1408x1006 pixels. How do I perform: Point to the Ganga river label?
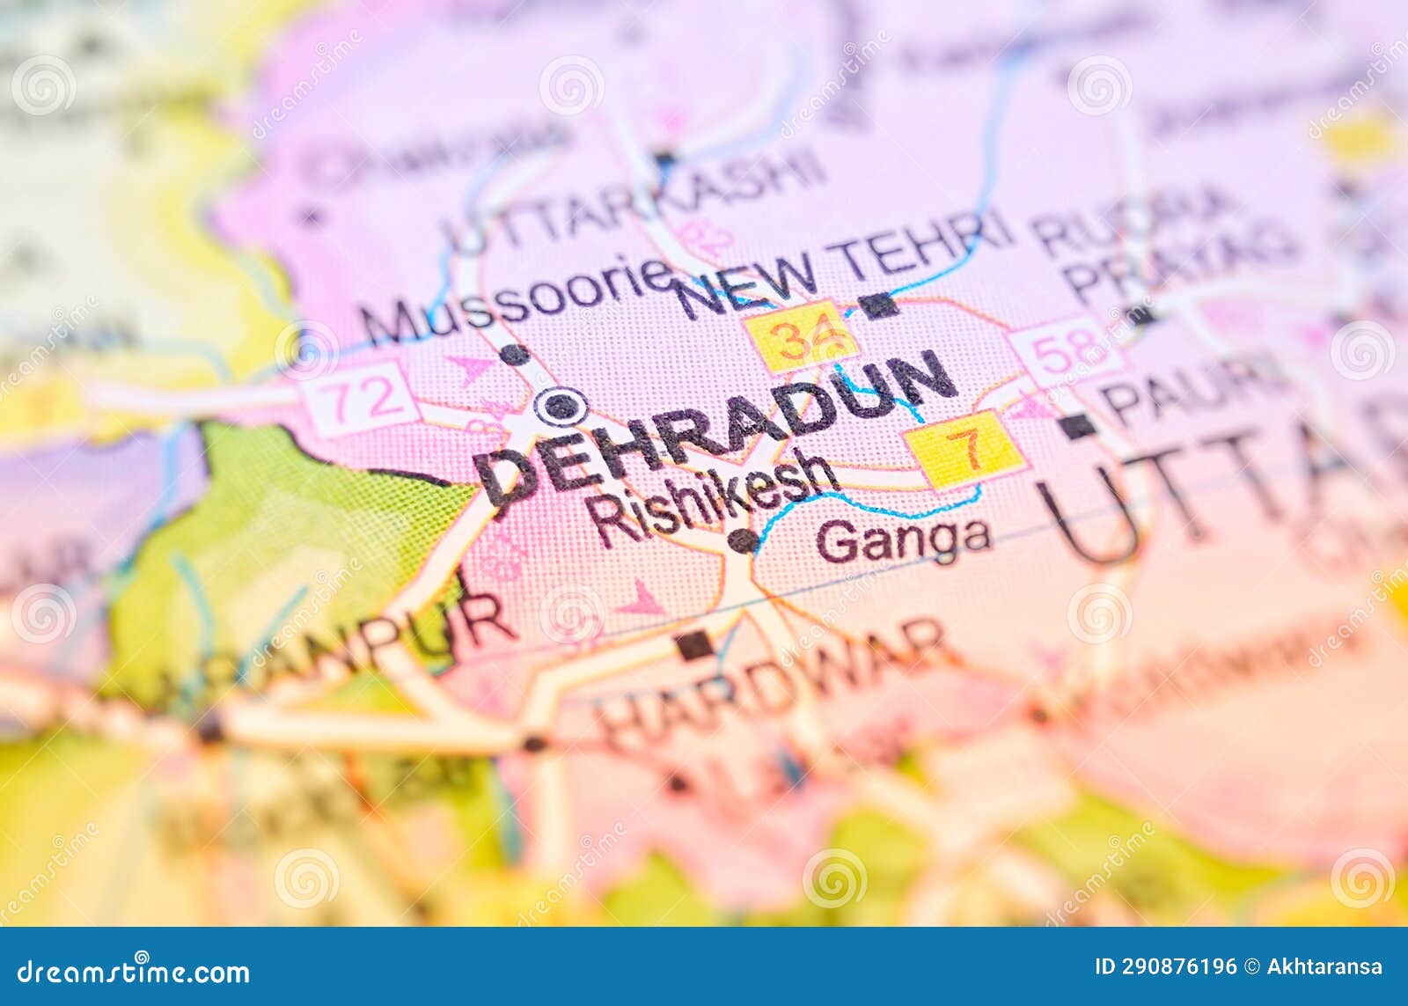pos(903,540)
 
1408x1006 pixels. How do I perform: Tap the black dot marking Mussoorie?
pos(515,355)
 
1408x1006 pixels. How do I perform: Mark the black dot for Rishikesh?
pos(743,540)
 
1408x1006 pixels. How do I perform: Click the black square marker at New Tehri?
pos(877,305)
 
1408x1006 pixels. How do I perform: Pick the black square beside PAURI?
pos(1076,426)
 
